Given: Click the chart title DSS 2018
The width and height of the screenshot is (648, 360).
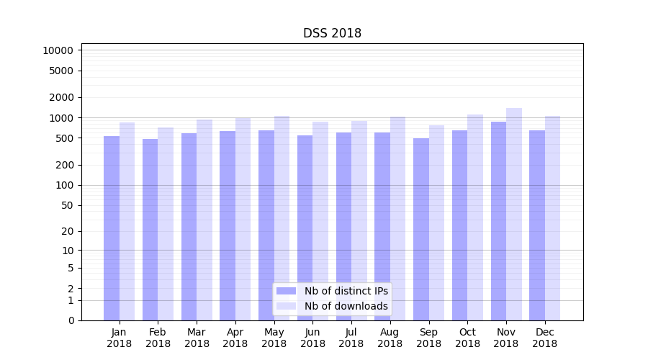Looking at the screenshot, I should tap(332, 33).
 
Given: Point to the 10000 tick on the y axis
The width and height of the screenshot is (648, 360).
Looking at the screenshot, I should tap(58, 50).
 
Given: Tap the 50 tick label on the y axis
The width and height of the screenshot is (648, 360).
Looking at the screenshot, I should tap(68, 205).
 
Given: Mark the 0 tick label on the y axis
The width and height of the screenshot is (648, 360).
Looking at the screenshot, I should tap(71, 320).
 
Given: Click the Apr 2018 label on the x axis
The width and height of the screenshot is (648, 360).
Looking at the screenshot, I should tap(235, 338).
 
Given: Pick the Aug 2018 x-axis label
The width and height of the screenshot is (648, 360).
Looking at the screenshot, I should tap(390, 338).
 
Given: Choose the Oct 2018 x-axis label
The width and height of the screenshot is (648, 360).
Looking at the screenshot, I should tap(467, 338).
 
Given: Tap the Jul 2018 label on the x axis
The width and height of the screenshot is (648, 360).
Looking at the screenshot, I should tap(351, 338).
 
